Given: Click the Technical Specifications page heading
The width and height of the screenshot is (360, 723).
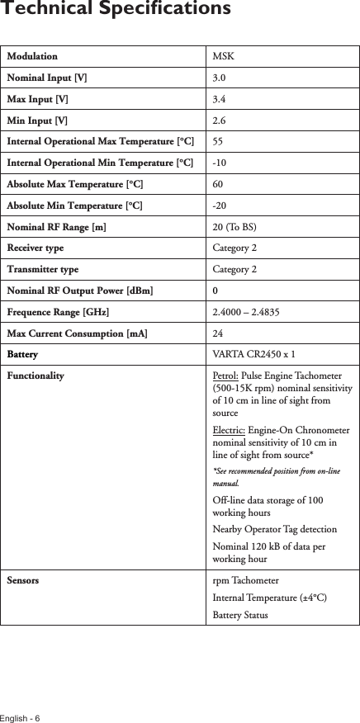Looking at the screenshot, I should coord(116,10).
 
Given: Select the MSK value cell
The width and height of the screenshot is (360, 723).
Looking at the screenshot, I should coord(223,57).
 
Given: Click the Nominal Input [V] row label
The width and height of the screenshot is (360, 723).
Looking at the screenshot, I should coord(49,78).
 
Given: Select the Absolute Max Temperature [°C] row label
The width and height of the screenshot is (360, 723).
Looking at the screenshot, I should coord(74,184).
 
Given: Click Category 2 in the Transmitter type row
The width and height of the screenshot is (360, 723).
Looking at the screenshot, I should coord(234,269).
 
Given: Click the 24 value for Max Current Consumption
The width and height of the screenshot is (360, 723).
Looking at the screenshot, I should coord(218,333).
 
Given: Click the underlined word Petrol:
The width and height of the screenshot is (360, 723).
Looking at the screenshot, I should coord(226,376).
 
